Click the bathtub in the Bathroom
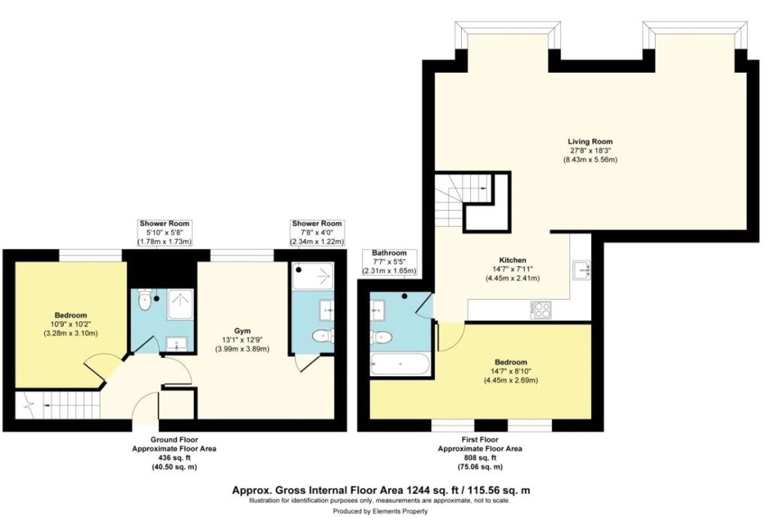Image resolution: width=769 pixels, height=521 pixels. coord(400,366)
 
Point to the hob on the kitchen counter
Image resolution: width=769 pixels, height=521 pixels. coord(541,309)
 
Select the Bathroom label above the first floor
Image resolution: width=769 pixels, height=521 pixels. coord(389,253)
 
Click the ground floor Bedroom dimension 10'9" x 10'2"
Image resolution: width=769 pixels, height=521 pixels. coord(70,324)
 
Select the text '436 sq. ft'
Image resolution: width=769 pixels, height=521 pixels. coord(158,458)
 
